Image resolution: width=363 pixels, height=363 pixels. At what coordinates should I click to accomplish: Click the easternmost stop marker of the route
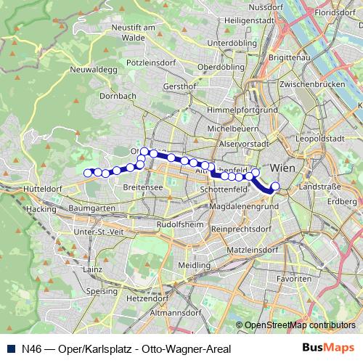(275, 186)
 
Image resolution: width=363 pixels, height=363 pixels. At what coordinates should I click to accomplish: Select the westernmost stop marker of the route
(88, 173)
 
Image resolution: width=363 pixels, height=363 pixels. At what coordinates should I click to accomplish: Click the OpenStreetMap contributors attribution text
(299, 325)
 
